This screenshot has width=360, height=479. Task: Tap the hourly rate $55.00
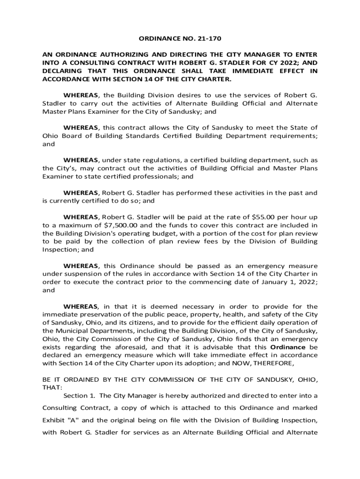(263, 217)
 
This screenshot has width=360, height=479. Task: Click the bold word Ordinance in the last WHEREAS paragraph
(288, 348)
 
